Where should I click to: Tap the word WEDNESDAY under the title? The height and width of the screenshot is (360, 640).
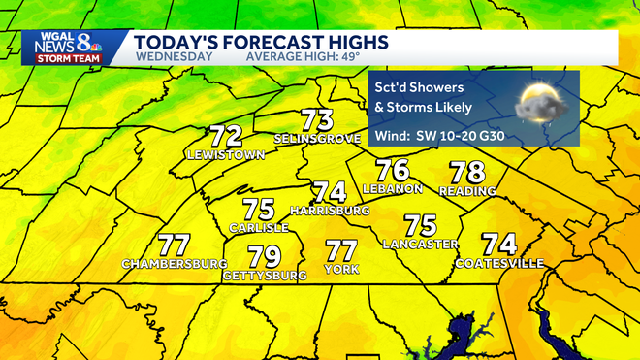pyautogui.click(x=175, y=56)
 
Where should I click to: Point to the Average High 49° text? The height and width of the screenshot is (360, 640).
pyautogui.click(x=303, y=56)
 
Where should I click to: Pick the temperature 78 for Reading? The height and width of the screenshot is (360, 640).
pyautogui.click(x=467, y=174)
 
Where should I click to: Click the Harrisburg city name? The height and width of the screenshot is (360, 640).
pyautogui.click(x=330, y=210)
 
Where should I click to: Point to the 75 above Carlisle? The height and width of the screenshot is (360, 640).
pyautogui.click(x=259, y=209)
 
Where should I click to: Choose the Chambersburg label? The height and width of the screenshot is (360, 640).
pyautogui.click(x=175, y=264)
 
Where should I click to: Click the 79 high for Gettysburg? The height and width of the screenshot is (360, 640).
pyautogui.click(x=264, y=257)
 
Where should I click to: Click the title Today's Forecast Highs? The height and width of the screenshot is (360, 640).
pyautogui.click(x=262, y=42)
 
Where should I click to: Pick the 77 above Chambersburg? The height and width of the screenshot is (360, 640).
pyautogui.click(x=174, y=245)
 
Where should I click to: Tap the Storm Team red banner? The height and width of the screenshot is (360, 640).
pyautogui.click(x=64, y=58)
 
